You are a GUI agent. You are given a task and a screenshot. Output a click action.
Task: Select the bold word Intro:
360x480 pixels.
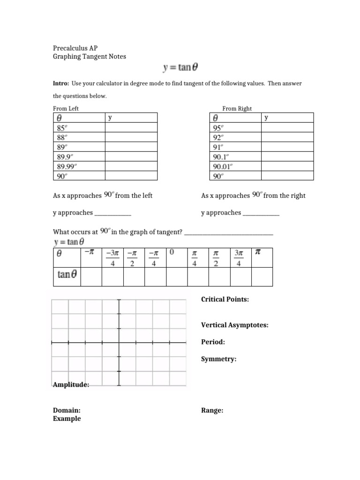[x=61, y=83]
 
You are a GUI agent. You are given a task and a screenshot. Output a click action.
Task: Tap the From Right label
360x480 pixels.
[x=237, y=108]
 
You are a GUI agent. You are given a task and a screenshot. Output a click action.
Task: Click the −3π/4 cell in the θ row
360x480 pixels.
[x=112, y=258]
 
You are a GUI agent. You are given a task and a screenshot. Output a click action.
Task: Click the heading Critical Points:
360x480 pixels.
[x=225, y=299]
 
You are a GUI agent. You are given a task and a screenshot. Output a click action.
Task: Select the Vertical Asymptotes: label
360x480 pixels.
[x=234, y=325]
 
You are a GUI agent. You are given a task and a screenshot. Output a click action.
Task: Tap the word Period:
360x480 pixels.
[x=213, y=342]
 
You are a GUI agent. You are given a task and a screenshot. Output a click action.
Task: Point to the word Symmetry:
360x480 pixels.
[x=218, y=359]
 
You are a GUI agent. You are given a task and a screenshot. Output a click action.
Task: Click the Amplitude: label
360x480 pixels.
[x=71, y=384]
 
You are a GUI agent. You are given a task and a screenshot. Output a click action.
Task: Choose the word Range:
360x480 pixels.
[x=212, y=410]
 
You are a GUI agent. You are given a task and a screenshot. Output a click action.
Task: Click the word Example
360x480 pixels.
[x=67, y=419]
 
